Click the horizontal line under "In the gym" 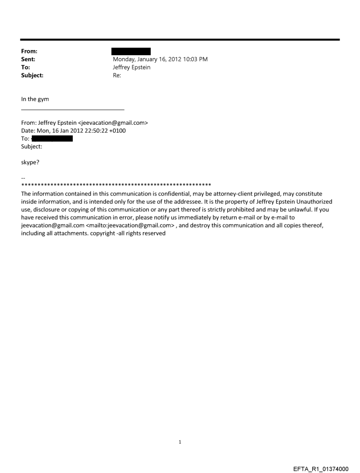pos(73,109)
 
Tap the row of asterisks pos(116,184)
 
